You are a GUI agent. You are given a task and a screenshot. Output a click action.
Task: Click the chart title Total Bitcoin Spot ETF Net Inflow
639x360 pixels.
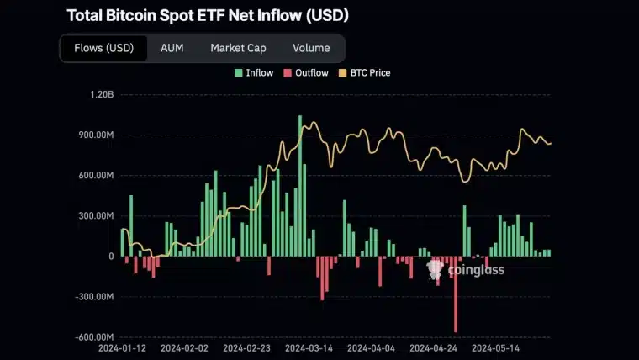click(207, 15)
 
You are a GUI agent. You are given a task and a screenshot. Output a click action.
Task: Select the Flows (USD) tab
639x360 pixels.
click(103, 48)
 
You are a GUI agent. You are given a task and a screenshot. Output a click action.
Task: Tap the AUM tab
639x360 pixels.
click(172, 48)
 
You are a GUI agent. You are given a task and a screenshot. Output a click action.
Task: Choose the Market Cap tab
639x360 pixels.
click(238, 48)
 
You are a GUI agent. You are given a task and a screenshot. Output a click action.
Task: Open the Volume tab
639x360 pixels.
click(310, 48)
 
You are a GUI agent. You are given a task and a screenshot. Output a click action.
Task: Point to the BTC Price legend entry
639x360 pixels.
click(369, 73)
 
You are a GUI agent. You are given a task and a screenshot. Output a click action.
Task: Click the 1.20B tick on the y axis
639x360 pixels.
click(100, 95)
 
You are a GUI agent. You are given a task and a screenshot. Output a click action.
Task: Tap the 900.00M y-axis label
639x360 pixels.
click(94, 135)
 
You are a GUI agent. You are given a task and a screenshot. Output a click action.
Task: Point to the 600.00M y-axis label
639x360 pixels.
click(94, 176)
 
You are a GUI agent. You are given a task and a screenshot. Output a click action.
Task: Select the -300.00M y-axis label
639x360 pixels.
click(92, 297)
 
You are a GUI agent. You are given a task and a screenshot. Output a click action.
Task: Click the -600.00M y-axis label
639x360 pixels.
click(92, 337)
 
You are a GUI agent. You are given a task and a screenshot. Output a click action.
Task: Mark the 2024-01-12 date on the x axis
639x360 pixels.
click(123, 347)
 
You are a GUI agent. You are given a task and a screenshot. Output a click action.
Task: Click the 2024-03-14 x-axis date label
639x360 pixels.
click(309, 347)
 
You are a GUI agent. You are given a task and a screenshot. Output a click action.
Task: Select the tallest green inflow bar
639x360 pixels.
click(300, 185)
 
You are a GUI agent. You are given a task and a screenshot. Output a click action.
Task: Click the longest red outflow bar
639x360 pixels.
click(456, 294)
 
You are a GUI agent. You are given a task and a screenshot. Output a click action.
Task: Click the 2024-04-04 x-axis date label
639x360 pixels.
click(371, 347)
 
